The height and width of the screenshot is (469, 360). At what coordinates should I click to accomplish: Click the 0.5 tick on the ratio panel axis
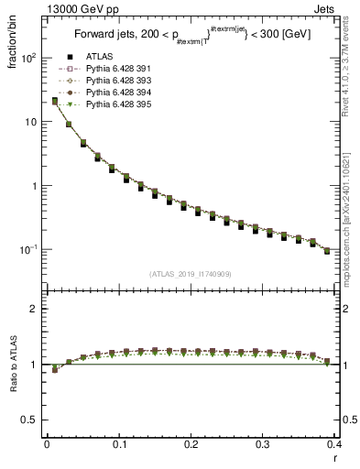(31, 420)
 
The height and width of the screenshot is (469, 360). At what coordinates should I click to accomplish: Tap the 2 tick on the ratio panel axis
(35, 309)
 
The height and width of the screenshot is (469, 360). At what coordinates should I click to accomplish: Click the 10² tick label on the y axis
(29, 58)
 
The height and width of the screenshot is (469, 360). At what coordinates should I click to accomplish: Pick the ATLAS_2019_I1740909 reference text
(191, 274)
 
